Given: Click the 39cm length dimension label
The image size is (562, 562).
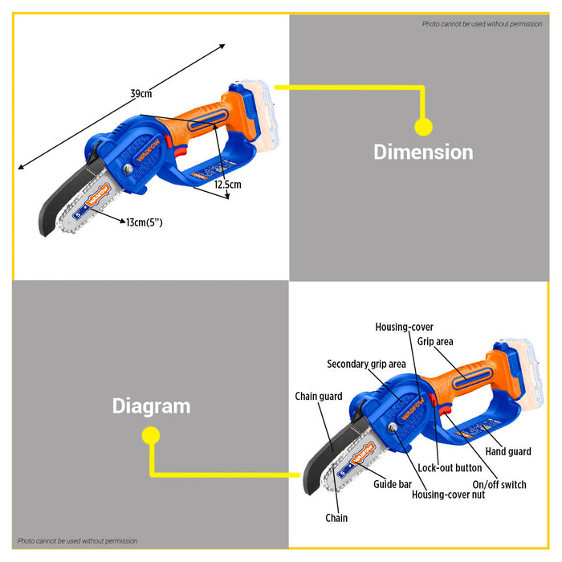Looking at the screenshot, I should (x=141, y=94).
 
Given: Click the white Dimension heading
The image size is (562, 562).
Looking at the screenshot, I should (x=423, y=152).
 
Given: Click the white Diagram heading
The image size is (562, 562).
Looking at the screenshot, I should (x=151, y=406).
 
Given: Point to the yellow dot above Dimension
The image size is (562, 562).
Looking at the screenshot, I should (x=423, y=126).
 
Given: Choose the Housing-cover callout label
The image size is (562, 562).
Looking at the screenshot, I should (x=405, y=327).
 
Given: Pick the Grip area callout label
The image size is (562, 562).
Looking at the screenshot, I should (x=435, y=342).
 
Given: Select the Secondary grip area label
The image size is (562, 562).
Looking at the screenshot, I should (x=366, y=364).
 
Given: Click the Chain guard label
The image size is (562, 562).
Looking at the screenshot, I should (x=319, y=396).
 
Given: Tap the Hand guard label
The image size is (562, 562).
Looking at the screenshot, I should (x=508, y=452).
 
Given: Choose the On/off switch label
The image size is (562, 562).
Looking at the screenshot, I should (x=499, y=484).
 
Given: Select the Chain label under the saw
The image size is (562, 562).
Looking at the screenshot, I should (x=337, y=518).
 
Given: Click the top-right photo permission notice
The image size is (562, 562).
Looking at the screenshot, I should (x=483, y=24).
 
